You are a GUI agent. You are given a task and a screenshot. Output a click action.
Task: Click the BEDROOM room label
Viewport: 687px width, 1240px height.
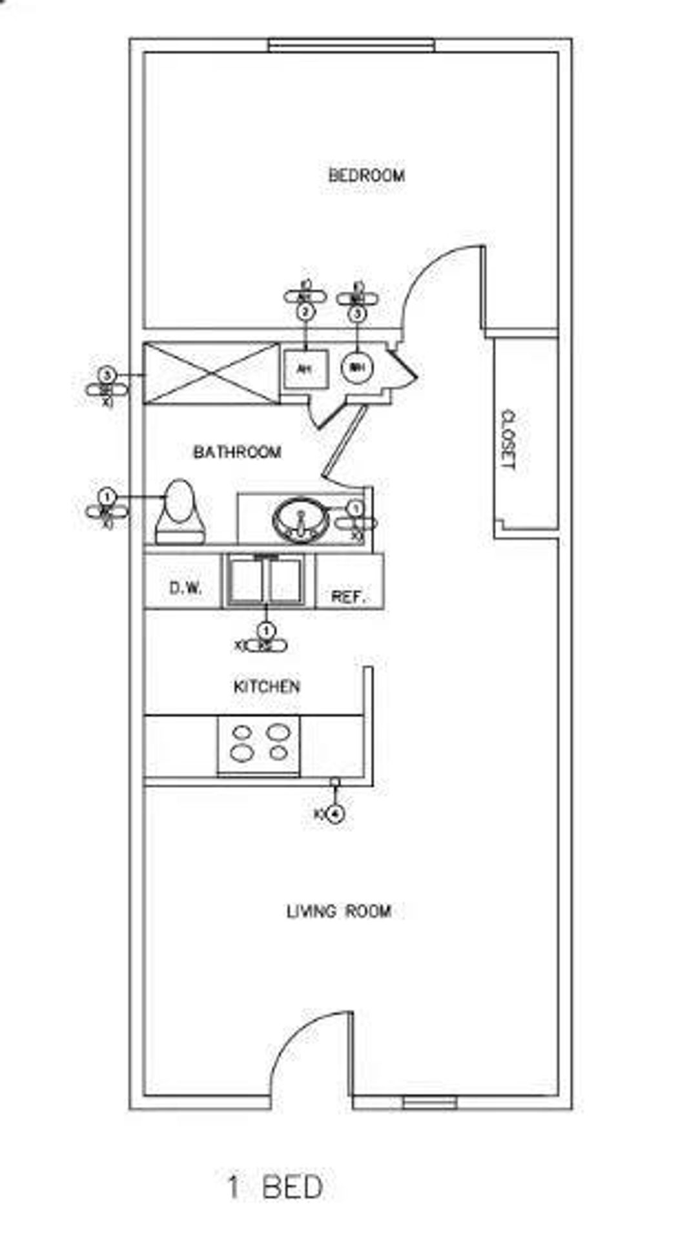(366, 175)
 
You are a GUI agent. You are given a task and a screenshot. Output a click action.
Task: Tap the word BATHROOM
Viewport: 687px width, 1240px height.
(237, 451)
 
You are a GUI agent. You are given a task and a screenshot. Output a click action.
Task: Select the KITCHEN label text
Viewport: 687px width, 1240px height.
(267, 686)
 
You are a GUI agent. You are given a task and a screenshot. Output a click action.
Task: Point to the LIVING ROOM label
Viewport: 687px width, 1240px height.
(338, 911)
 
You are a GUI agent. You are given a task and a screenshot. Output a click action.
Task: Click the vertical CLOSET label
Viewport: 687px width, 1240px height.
(509, 440)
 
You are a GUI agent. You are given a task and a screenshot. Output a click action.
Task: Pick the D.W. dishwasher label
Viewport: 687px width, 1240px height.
(185, 588)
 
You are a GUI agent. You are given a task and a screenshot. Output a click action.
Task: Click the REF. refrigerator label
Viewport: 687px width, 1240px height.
(348, 596)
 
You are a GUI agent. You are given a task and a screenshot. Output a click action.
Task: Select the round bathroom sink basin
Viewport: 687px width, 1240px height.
(300, 519)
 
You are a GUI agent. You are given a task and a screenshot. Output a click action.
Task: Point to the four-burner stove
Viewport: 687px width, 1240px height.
(259, 744)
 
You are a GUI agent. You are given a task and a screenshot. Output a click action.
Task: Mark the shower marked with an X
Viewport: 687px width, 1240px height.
(211, 374)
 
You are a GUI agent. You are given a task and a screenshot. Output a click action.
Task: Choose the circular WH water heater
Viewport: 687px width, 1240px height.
(357, 368)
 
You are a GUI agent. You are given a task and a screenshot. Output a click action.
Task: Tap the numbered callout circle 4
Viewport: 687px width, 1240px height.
(334, 814)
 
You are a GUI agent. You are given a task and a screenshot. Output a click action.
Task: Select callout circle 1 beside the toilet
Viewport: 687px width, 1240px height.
(107, 497)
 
